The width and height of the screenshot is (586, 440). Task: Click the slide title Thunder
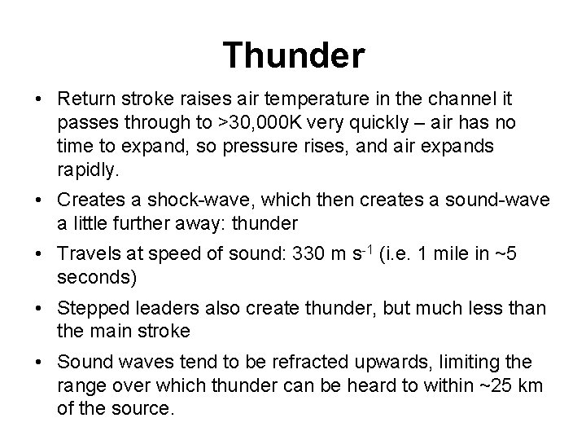coord(294,55)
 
